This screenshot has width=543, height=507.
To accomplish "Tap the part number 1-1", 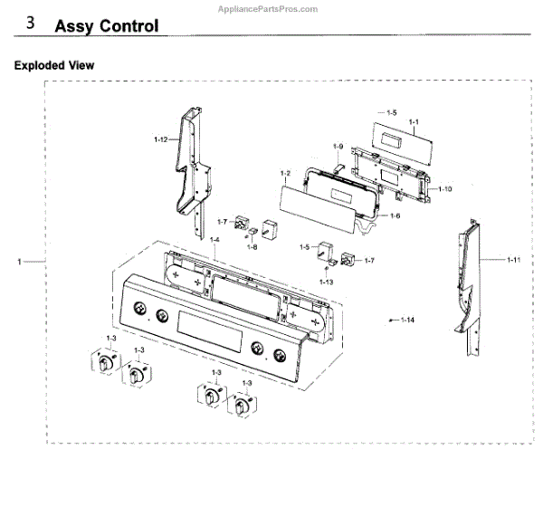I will tap(414, 121).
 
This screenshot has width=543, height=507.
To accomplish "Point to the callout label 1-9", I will tap(338, 145).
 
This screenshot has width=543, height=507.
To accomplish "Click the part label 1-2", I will tap(284, 172).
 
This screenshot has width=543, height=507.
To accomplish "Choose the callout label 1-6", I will tap(395, 216).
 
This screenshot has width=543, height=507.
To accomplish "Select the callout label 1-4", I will tap(214, 240).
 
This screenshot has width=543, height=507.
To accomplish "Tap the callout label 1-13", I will tap(326, 282).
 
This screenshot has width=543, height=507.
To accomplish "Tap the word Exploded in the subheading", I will tap(38, 65).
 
